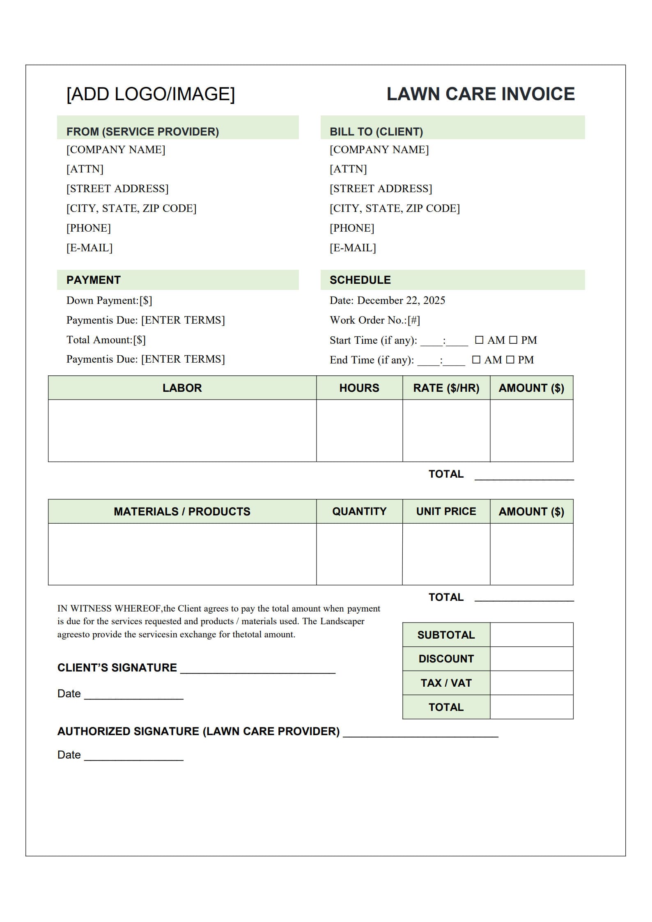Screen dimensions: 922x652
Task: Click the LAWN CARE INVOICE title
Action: [x=480, y=94]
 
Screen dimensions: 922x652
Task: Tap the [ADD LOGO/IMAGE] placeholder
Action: [x=151, y=94]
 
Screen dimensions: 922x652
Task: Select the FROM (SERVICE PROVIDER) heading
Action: [x=142, y=131]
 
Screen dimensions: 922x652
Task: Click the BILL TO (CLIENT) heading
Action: [x=376, y=131]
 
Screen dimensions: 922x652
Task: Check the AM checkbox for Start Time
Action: [x=479, y=340]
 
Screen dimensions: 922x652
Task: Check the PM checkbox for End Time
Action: [x=510, y=360]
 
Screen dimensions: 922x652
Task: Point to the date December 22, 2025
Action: [x=401, y=300]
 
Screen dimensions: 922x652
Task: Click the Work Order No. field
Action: [x=413, y=320]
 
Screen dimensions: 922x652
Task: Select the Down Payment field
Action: [x=146, y=300]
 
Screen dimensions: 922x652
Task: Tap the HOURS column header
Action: [x=359, y=388]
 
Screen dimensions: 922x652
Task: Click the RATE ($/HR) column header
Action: [x=446, y=388]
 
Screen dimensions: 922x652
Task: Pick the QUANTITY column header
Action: [x=359, y=511]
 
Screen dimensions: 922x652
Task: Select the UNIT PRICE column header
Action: [x=446, y=511]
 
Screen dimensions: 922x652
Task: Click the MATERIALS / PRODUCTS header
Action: [x=182, y=511]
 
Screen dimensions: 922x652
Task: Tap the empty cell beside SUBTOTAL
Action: [x=531, y=635]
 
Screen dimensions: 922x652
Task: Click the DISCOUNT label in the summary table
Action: [x=446, y=659]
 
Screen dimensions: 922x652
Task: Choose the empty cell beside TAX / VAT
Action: [x=531, y=683]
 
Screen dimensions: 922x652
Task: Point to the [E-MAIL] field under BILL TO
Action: [x=353, y=248]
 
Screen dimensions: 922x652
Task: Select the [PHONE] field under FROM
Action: [x=89, y=228]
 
